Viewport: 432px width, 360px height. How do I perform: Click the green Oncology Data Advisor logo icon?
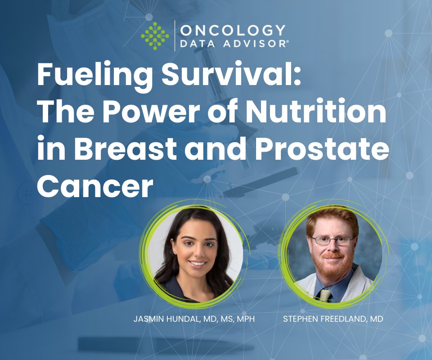coord(154,36)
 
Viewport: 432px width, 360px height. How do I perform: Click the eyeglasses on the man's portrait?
coord(333,241)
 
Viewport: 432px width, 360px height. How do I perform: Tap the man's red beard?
coord(333,265)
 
